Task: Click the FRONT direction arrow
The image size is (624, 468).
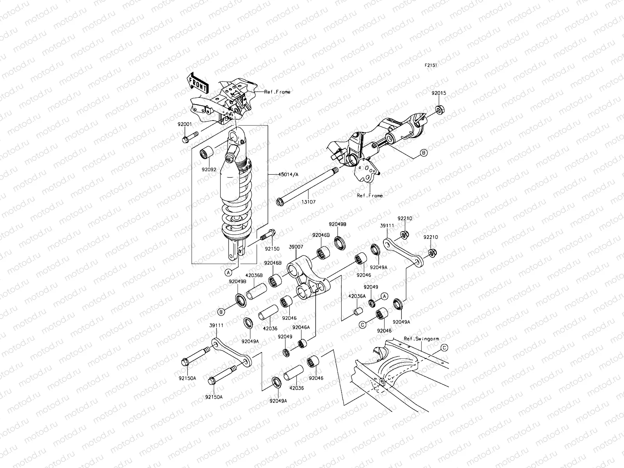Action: pyautogui.click(x=198, y=83)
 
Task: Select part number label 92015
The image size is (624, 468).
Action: pyautogui.click(x=438, y=94)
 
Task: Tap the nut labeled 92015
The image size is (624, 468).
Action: pyautogui.click(x=438, y=110)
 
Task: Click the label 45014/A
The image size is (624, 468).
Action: pyautogui.click(x=288, y=175)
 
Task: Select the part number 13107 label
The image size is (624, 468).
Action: pyautogui.click(x=308, y=202)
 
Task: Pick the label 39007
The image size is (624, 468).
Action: pyautogui.click(x=296, y=247)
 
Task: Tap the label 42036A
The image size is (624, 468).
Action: pyautogui.click(x=357, y=296)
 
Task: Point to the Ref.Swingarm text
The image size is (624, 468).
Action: pyautogui.click(x=419, y=339)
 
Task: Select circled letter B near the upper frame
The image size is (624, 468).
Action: pyautogui.click(x=424, y=152)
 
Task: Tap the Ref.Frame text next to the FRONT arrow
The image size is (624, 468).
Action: pyautogui.click(x=277, y=92)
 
